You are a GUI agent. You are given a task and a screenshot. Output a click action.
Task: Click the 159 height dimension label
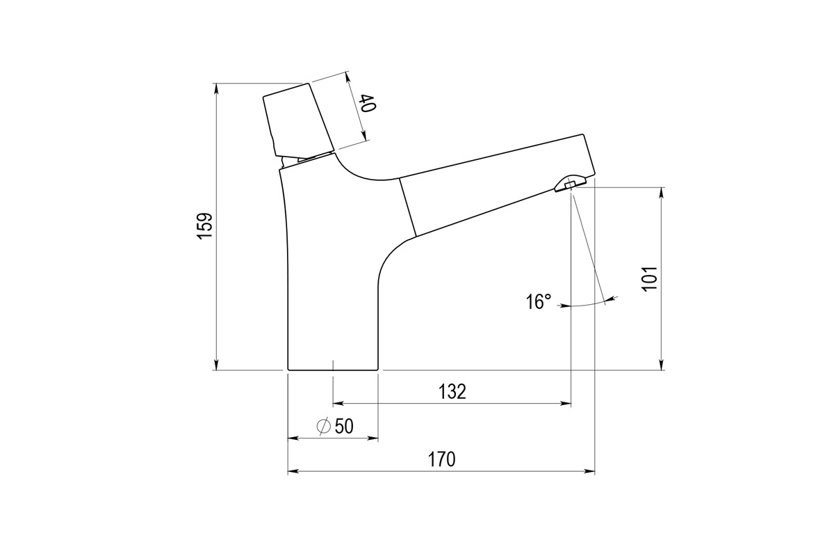[204, 226]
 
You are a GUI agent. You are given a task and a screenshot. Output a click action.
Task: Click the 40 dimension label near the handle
[368, 104]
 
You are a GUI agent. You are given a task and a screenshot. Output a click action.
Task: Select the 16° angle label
[538, 301]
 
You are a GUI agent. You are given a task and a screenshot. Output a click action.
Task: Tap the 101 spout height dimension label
[648, 278]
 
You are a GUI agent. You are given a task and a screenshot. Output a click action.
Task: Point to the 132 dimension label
[452, 392]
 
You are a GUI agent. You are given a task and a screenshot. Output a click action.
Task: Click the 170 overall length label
[441, 460]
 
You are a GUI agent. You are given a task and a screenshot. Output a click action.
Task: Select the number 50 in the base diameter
[344, 427]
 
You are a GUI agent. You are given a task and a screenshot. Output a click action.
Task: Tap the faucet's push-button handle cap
[295, 118]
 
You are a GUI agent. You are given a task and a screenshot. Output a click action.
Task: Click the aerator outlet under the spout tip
[569, 184]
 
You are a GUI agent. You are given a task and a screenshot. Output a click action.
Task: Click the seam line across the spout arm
[407, 207]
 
